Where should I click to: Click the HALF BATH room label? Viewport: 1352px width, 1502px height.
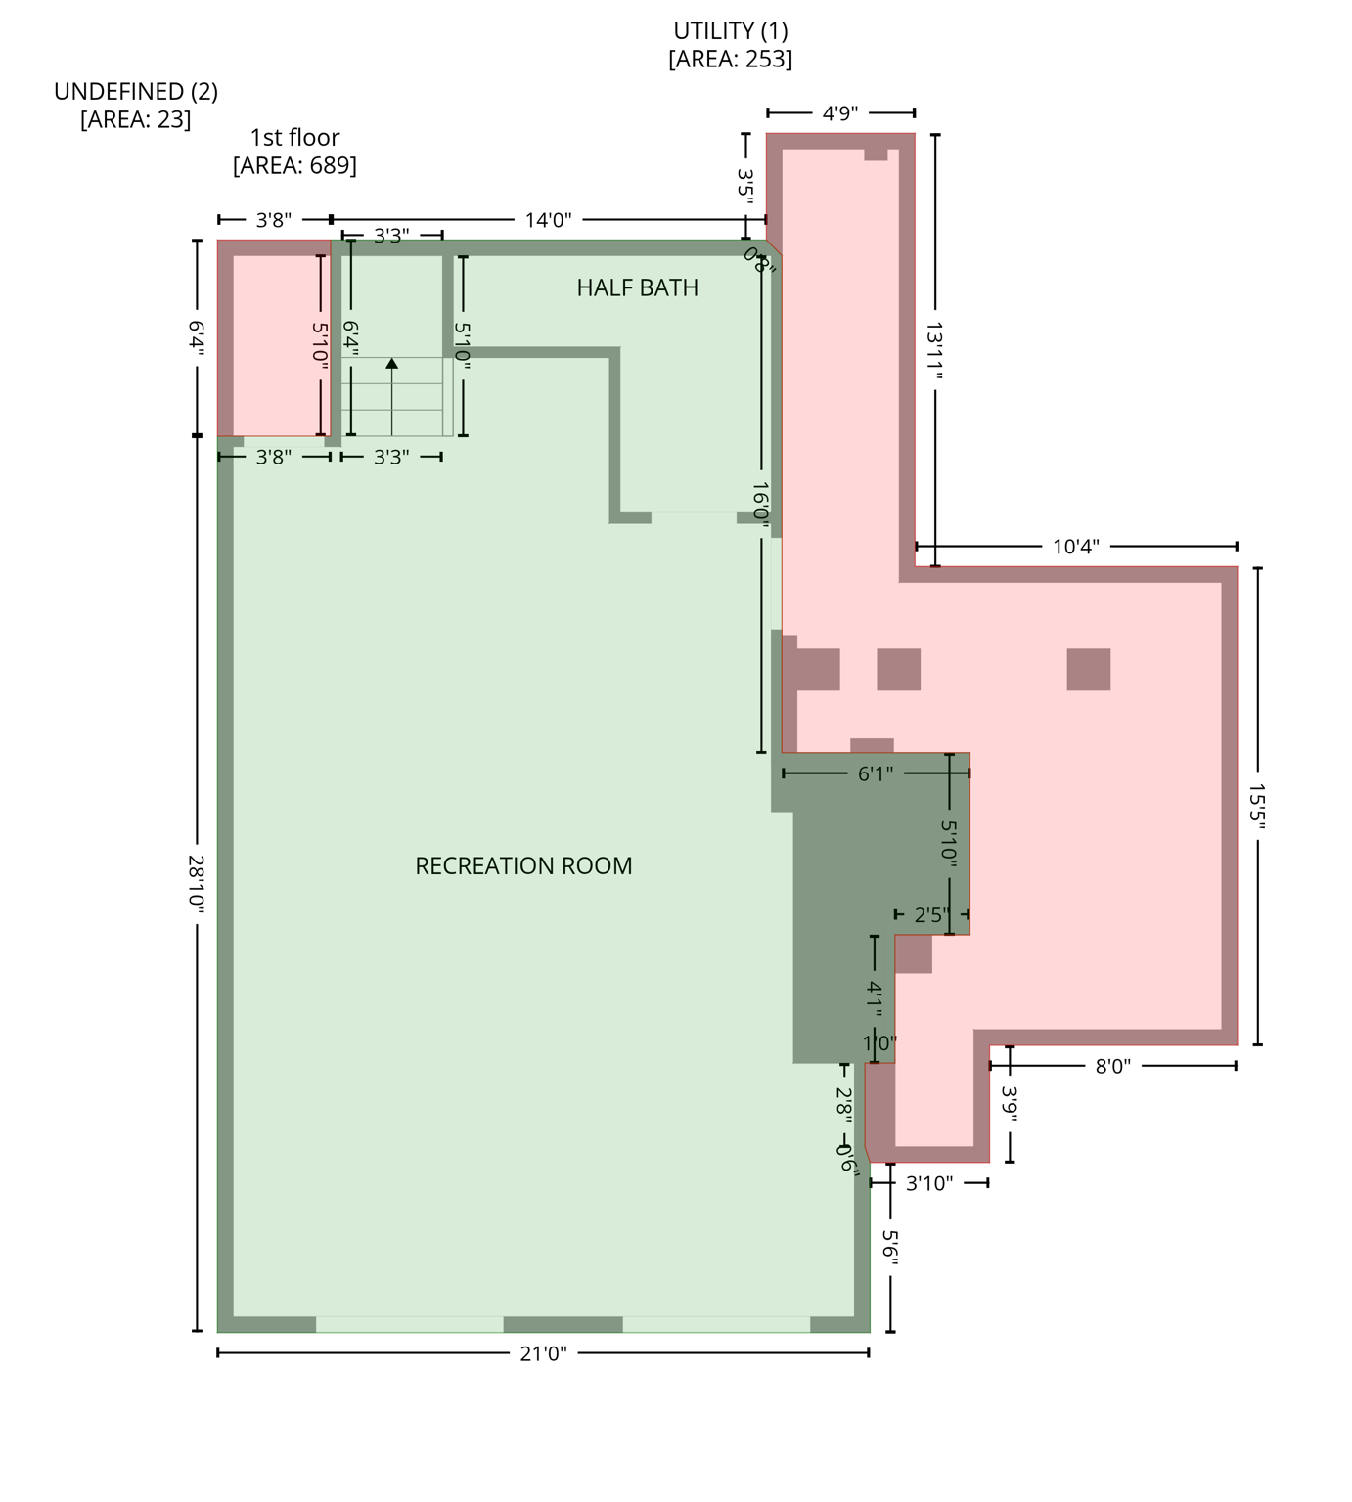pos(637,287)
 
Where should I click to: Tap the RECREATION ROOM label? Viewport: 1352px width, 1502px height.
pos(523,865)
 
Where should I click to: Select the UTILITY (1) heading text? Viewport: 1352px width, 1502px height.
pos(730,31)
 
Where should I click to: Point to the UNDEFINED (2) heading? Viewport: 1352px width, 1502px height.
pos(136,91)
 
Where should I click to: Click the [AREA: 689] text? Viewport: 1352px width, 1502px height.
pos(294,165)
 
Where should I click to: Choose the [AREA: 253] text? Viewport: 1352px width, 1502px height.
pos(730,59)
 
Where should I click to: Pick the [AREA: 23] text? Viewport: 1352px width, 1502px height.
pos(136,119)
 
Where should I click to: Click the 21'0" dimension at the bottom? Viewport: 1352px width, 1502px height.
pos(543,1353)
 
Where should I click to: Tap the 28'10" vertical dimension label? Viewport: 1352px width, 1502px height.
pos(197,884)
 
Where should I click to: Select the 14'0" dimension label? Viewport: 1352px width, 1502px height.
pos(548,220)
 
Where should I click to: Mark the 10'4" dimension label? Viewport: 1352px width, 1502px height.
pos(1076,547)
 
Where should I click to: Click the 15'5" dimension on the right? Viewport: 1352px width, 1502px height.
pos(1257,806)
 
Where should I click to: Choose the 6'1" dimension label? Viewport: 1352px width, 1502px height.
pos(876,773)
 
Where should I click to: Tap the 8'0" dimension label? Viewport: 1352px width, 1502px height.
pos(1113,1066)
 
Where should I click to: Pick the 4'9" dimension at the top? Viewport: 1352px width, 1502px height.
pos(840,113)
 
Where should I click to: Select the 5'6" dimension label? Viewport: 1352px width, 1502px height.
pos(890,1247)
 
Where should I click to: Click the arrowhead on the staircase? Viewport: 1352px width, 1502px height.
pos(392,364)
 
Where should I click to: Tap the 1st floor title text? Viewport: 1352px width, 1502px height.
pos(294,138)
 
